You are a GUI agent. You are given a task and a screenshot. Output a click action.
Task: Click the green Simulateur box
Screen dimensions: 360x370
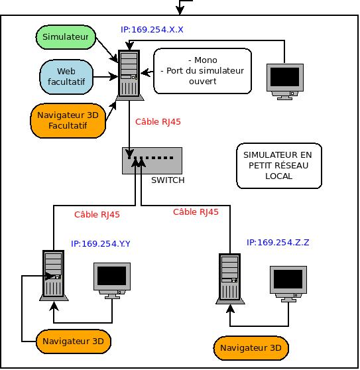[x=66, y=37]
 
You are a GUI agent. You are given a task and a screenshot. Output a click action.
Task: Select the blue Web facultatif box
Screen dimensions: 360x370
[x=66, y=77]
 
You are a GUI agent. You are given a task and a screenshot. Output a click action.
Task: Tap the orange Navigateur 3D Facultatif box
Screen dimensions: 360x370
[x=68, y=120]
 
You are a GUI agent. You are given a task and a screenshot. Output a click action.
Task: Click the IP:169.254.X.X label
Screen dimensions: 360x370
[x=152, y=29]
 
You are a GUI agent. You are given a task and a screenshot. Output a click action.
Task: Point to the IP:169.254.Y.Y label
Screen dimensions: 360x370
[x=101, y=243]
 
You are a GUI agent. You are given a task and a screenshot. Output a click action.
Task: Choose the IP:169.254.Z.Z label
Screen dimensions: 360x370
[x=278, y=242]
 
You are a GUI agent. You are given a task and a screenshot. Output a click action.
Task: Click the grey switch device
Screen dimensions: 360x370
[x=152, y=160]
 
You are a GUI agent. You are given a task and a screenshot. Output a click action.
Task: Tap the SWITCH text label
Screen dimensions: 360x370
[x=168, y=180]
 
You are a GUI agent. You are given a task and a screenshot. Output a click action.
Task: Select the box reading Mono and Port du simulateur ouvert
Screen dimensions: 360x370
[x=202, y=71]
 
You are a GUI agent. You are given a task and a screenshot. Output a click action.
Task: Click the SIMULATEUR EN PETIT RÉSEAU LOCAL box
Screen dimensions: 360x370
[x=279, y=166]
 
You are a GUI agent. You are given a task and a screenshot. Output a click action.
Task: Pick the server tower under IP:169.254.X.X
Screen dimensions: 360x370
[x=129, y=75]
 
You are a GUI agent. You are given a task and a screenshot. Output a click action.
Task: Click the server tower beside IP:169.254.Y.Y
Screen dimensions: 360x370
[x=54, y=275]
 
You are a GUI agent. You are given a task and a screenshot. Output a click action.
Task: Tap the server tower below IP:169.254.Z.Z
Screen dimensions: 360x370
[x=230, y=278]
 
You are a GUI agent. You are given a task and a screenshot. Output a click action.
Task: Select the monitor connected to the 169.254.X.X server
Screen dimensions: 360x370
[x=284, y=82]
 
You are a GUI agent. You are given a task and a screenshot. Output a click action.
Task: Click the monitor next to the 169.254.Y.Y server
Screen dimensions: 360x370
[x=112, y=280]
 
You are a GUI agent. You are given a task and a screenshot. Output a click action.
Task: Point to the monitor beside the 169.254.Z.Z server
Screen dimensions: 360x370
[x=288, y=284]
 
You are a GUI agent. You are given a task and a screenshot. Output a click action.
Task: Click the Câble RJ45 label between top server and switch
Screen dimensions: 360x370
[x=158, y=122]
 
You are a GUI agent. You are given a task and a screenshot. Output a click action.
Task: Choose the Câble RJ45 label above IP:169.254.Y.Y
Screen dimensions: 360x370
[x=97, y=214]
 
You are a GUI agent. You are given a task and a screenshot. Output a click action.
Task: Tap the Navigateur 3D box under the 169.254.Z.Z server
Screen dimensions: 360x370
[x=251, y=348]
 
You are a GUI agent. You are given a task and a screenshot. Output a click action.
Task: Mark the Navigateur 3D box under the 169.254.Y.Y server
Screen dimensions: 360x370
[x=74, y=341]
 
